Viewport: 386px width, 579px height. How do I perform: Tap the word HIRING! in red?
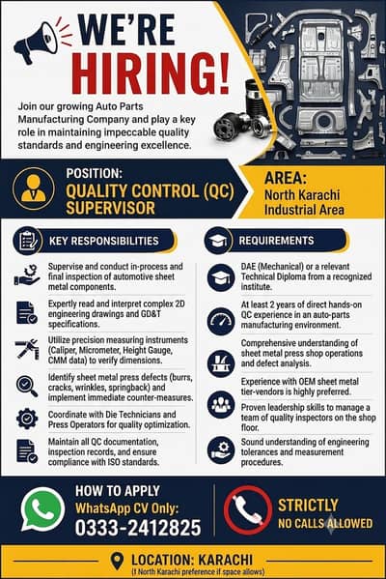click(151, 74)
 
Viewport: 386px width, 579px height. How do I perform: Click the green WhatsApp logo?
click(42, 508)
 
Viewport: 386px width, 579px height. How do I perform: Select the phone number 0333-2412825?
click(138, 528)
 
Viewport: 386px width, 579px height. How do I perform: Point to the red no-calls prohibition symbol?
click(248, 510)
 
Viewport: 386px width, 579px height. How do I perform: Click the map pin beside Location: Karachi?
click(117, 561)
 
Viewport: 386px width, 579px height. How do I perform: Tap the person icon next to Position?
click(33, 188)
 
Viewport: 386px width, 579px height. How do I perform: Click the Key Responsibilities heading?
click(104, 241)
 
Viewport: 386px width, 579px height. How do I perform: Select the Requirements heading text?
click(277, 241)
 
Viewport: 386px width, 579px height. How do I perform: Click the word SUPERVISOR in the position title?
click(111, 208)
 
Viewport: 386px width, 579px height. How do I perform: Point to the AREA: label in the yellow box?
click(286, 178)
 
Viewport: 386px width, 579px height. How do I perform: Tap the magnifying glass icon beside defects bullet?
click(27, 387)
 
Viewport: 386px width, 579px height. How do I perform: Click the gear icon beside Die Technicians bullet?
click(27, 419)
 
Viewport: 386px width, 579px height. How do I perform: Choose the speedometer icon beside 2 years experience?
click(221, 321)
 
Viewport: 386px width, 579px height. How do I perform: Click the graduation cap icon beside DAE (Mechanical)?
click(221, 277)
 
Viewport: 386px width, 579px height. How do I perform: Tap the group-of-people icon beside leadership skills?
click(221, 405)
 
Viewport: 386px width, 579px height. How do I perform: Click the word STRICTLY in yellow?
click(308, 506)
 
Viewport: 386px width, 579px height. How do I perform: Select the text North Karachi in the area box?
click(302, 194)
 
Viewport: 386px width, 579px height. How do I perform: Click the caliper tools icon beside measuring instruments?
click(27, 349)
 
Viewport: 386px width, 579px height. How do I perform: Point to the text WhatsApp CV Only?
click(126, 508)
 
